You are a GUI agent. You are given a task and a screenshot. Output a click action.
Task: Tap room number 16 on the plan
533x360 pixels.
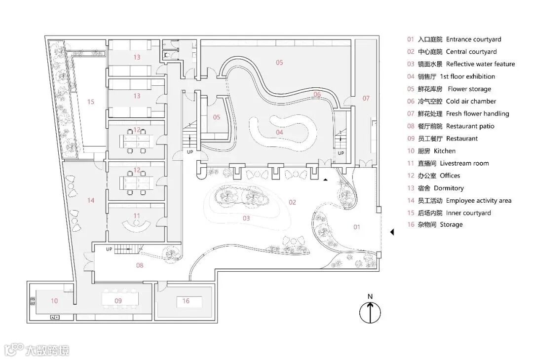click(x=186, y=300)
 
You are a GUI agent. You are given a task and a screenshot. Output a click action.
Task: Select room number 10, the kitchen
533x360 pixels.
click(x=54, y=300)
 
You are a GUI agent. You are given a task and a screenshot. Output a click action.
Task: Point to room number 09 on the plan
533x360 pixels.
click(x=118, y=300)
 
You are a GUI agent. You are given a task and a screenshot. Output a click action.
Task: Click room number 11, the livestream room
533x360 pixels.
click(x=137, y=216)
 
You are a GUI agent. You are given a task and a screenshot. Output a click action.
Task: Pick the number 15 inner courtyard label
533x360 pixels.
click(x=90, y=102)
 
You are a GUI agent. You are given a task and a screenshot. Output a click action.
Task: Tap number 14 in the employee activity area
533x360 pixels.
click(x=90, y=200)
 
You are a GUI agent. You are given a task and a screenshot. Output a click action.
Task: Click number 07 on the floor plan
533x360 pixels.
click(x=366, y=98)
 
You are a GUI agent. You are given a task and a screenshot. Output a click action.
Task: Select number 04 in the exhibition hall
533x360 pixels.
click(x=279, y=132)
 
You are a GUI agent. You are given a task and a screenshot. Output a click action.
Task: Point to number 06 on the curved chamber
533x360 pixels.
click(x=317, y=94)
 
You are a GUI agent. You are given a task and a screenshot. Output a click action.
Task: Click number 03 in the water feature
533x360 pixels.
click(x=246, y=218)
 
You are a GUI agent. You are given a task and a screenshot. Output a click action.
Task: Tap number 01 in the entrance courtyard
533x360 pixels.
click(x=357, y=227)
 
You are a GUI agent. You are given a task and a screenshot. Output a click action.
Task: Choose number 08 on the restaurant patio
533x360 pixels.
click(x=140, y=265)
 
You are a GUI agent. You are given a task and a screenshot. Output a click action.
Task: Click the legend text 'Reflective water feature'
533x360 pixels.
click(x=480, y=64)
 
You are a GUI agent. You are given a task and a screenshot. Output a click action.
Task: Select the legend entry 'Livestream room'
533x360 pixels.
click(x=464, y=163)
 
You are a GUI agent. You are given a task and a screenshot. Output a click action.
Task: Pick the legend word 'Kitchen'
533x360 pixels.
click(x=445, y=151)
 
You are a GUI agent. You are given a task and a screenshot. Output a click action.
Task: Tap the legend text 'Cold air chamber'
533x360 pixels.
click(x=471, y=101)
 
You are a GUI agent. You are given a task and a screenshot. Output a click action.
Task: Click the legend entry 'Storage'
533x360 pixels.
click(x=451, y=224)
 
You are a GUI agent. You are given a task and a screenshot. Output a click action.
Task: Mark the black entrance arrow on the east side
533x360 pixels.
click(x=392, y=232)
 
